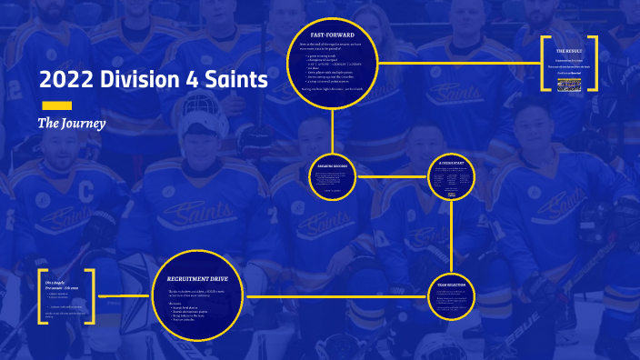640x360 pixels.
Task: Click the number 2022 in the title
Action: [x=63, y=81]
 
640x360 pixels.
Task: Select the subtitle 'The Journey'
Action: [x=72, y=123]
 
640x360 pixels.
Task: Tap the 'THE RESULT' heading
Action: [x=570, y=52]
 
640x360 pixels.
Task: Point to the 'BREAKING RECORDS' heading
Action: [x=334, y=165]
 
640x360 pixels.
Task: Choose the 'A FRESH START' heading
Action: [x=452, y=163]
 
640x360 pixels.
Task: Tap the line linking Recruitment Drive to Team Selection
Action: [x=336, y=296]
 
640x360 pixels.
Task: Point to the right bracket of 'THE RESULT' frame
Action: [x=594, y=64]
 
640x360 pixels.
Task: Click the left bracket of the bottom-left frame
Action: [x=41, y=296]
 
